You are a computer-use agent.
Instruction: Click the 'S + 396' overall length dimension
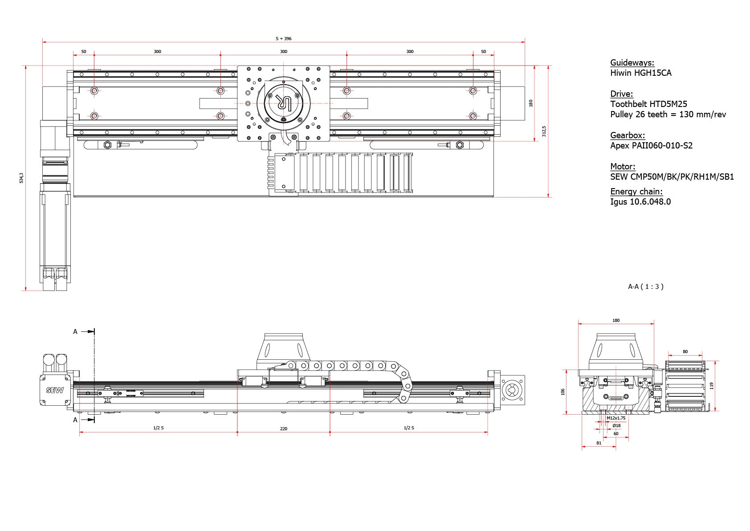tap(283, 39)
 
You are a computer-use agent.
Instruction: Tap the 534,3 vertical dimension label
tap(21, 178)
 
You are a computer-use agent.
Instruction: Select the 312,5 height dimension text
tap(544, 131)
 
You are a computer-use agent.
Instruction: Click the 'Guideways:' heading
tap(632, 63)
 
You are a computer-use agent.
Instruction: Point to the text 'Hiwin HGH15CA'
tap(640, 73)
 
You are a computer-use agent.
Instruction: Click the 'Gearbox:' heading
tap(627, 136)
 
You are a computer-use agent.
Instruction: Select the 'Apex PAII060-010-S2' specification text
tap(651, 146)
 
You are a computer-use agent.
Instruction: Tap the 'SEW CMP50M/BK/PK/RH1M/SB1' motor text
tap(672, 177)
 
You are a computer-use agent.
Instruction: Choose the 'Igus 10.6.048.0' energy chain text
tap(640, 202)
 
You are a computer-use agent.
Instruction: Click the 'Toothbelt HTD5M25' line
tap(648, 104)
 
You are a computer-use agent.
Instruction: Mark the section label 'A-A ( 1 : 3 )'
tap(645, 287)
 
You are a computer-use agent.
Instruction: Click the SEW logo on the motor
tap(55, 390)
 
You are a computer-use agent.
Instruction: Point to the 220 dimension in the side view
tap(284, 429)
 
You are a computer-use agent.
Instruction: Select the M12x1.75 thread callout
tap(616, 418)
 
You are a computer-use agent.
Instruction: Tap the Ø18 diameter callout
tap(616, 426)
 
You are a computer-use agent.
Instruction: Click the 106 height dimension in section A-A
tap(563, 392)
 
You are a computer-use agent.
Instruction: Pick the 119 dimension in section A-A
tap(712, 386)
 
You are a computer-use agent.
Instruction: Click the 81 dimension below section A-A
tap(599, 443)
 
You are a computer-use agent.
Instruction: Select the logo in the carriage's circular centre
tap(283, 103)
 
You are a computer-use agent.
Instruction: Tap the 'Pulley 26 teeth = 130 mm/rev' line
tap(668, 115)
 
